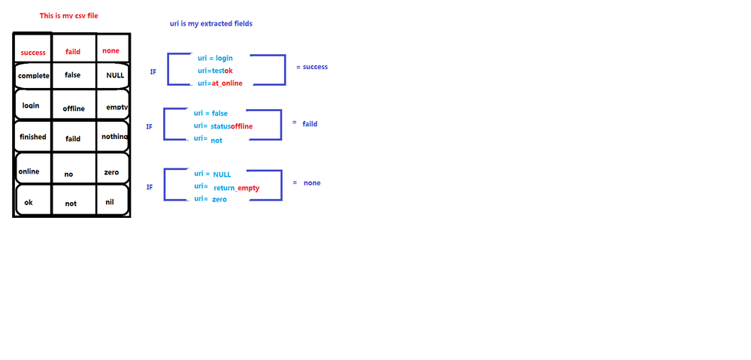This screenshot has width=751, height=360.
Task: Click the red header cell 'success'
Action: click(x=33, y=53)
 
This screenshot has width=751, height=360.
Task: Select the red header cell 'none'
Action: click(x=111, y=51)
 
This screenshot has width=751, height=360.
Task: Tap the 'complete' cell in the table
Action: click(x=33, y=76)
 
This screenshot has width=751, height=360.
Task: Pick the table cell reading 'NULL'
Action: click(x=115, y=75)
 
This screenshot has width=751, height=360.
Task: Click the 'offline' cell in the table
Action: click(x=74, y=109)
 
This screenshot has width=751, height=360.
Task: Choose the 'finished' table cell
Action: click(x=33, y=137)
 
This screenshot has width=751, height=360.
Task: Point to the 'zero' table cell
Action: click(x=111, y=172)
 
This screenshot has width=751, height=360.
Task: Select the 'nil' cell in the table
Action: click(x=110, y=201)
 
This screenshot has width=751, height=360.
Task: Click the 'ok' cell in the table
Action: click(x=29, y=201)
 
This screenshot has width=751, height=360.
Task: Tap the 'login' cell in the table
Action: click(x=31, y=105)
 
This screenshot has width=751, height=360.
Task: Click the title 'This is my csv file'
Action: click(x=69, y=15)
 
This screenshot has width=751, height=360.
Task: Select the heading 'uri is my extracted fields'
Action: click(x=211, y=23)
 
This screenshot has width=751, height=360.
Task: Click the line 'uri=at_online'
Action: click(x=220, y=83)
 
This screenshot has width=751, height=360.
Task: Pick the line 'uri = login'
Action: click(x=217, y=58)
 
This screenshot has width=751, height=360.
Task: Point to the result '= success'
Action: click(x=312, y=67)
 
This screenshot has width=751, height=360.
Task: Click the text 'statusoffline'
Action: click(x=232, y=126)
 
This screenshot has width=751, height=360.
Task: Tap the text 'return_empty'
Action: click(x=237, y=188)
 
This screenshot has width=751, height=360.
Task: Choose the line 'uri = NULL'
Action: click(x=213, y=174)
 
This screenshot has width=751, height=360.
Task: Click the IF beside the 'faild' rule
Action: click(x=149, y=127)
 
